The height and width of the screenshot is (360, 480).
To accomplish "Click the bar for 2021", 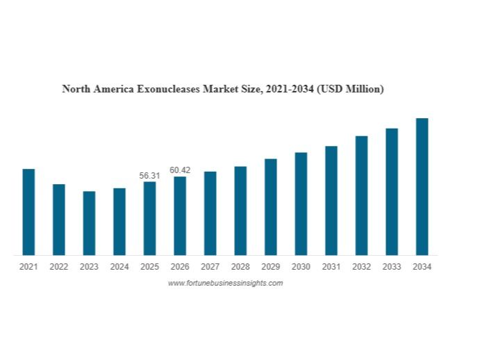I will pos(28,212).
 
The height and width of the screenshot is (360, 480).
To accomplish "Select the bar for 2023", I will pos(89,223).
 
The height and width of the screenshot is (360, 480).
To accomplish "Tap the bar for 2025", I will pos(149,218).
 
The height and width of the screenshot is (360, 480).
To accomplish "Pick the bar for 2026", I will pos(180,215).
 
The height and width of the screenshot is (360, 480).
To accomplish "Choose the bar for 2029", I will pos(271,206).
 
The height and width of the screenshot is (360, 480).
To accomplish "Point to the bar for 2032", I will pos(361,195).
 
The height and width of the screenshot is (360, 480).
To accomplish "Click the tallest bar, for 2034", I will pos(422,186).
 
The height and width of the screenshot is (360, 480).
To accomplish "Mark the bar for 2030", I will pos(301,204).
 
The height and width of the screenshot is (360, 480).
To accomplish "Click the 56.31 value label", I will pos(149,176).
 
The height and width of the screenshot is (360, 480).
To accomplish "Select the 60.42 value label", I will pos(180,170).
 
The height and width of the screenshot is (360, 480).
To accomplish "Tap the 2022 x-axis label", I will pos(59,267).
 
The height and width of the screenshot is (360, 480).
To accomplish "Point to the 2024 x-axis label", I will pos(119,267).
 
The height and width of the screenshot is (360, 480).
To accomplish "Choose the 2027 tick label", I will pos(210,267).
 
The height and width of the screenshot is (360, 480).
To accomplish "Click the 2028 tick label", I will pos(240,267).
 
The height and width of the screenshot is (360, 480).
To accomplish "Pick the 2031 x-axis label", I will pos(331,267).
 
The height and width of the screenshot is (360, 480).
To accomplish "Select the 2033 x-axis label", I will pos(392,267).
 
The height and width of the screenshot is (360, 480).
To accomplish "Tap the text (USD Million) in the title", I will pos(349,89).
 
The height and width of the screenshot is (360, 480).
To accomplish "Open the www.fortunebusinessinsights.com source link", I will pos(225,283).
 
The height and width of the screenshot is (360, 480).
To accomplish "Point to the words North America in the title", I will pos(94,89).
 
